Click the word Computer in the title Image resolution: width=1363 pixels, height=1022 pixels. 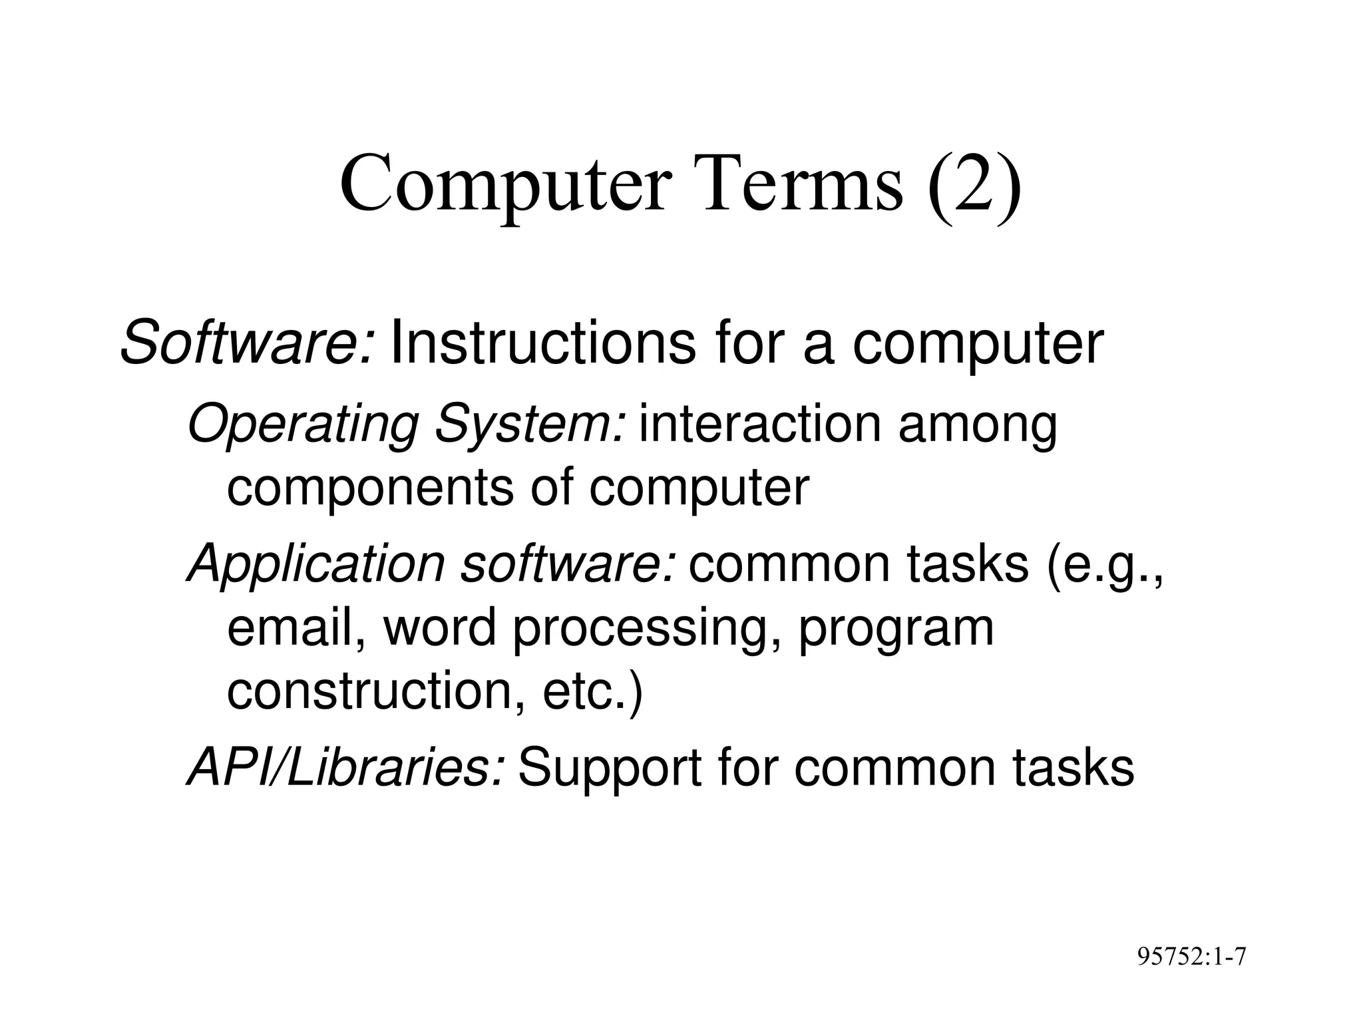[502, 185]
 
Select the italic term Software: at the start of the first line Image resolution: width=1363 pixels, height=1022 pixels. [248, 343]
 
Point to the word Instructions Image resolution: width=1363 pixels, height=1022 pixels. [543, 343]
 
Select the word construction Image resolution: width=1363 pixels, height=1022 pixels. [377, 692]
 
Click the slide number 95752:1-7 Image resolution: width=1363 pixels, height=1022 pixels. [1191, 957]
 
